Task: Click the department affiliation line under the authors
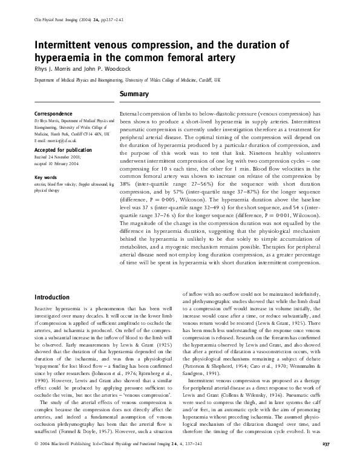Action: (128, 80)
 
